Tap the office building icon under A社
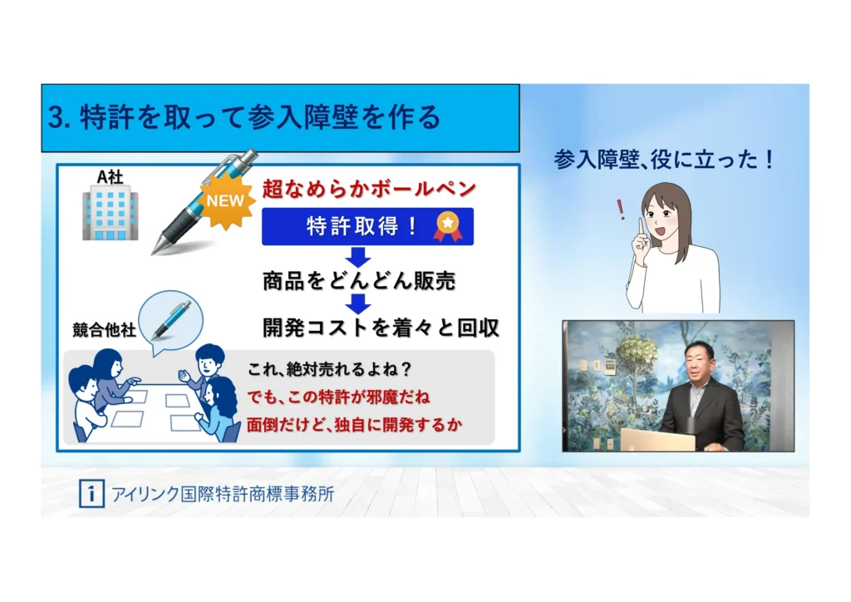[111, 215]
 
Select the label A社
[110, 176]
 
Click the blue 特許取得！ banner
[367, 226]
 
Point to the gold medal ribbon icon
[448, 227]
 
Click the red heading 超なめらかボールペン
[369, 189]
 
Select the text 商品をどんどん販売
[359, 281]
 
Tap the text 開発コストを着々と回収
[381, 328]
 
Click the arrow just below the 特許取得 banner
[357, 257]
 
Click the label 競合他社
[104, 329]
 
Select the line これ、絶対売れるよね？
[329, 369]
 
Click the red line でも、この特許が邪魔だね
[339, 397]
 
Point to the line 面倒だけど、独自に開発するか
[354, 425]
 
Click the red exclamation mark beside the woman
[621, 210]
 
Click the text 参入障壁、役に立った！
[664, 160]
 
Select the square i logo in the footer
[91, 493]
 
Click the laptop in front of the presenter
[657, 440]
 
